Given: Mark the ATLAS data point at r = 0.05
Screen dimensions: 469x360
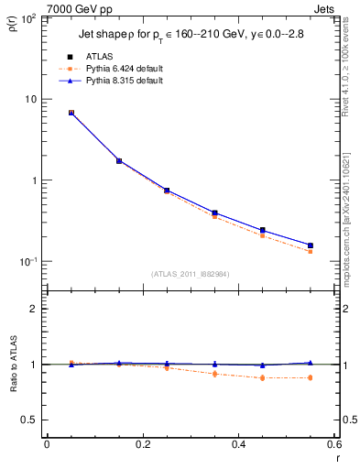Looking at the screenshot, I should (71, 113).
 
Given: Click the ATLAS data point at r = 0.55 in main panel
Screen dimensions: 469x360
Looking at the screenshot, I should (311, 245).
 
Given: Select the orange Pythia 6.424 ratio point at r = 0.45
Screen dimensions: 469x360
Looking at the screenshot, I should (262, 377).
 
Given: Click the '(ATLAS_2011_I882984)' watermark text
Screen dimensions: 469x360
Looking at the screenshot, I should (191, 275).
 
